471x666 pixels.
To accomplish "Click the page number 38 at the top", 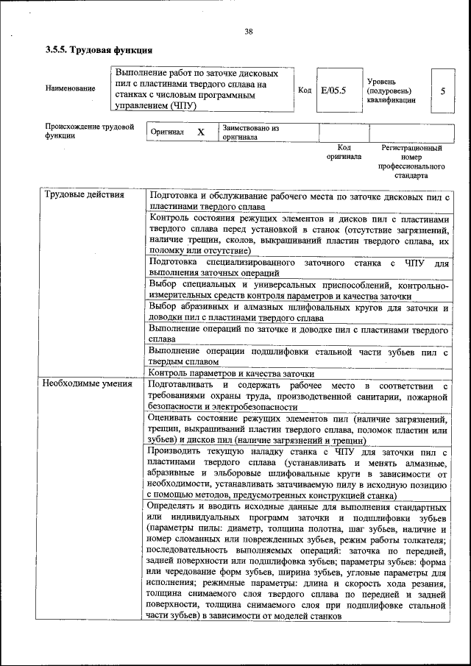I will point(249,31).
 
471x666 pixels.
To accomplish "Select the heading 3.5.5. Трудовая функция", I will point(99,51).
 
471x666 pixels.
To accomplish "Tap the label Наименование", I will point(70,89).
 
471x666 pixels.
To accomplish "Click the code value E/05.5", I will point(333,91).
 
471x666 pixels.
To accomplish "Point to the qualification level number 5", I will point(442,91).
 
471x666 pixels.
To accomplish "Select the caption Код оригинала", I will point(344,152).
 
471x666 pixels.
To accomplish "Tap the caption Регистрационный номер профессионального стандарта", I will point(411,162).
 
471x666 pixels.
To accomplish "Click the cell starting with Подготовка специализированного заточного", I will point(298,267).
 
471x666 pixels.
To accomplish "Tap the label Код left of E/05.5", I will point(304,91).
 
